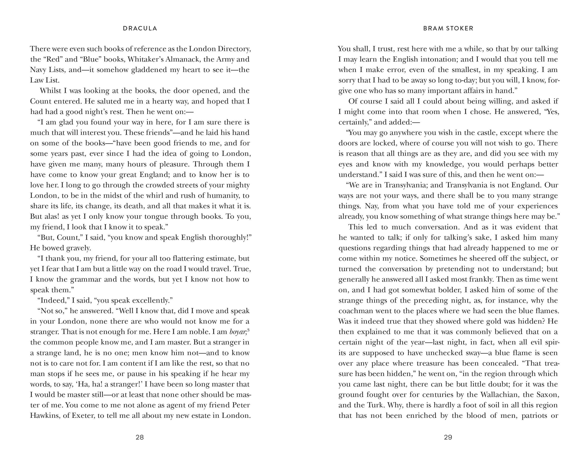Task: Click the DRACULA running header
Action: [x=140, y=28]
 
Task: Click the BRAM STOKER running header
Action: [x=448, y=28]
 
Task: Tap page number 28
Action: [x=140, y=437]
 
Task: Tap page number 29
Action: [x=448, y=437]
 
